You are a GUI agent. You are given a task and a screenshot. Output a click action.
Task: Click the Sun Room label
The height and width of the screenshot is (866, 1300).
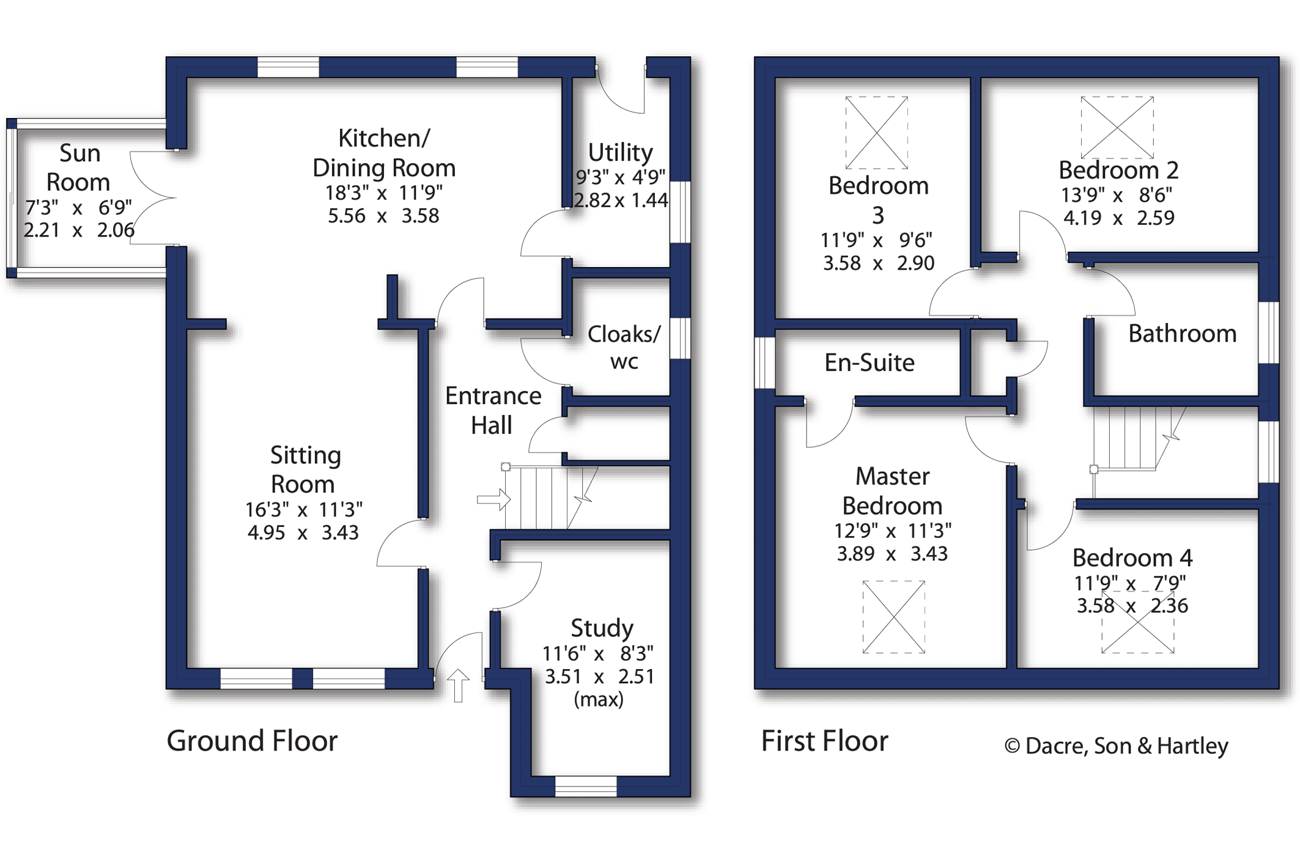(x=79, y=167)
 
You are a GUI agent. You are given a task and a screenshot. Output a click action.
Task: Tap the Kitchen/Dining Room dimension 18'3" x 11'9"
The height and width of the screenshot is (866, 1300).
(x=383, y=193)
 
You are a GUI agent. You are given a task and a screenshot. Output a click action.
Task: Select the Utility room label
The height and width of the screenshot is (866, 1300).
(x=620, y=152)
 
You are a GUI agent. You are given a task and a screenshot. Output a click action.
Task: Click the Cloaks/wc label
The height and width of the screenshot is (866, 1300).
(x=624, y=347)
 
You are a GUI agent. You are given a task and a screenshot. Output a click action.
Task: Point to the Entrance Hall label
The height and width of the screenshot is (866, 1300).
(x=493, y=410)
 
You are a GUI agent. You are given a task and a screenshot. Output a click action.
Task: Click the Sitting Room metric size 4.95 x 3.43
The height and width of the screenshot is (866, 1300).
(x=303, y=532)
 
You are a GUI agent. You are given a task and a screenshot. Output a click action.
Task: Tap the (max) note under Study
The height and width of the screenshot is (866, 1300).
(x=599, y=699)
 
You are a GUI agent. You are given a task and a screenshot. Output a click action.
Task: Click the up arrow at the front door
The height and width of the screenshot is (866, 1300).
(x=458, y=685)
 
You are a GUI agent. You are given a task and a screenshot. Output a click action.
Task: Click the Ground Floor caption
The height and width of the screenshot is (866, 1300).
(x=252, y=741)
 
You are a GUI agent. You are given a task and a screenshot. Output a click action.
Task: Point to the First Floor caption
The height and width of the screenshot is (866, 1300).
(x=824, y=741)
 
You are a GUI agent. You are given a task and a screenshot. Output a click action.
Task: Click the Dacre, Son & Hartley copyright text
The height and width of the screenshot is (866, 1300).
(x=1116, y=746)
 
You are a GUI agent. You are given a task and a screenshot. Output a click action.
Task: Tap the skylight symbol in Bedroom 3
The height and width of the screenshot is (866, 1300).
(x=876, y=132)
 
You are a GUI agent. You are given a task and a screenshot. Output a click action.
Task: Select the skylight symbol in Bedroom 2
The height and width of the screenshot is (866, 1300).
(x=1117, y=127)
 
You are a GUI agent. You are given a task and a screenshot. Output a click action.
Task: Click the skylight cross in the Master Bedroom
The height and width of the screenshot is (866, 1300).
(x=893, y=617)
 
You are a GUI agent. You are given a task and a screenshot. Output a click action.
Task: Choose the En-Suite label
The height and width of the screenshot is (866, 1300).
(x=869, y=362)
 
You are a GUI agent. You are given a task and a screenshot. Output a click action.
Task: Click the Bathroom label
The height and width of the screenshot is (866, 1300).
(x=1182, y=334)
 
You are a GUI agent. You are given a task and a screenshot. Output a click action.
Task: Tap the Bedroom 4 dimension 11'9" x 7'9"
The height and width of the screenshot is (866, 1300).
(x=1130, y=582)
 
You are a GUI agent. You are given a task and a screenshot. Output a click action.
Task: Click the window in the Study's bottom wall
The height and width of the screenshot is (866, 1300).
(x=585, y=786)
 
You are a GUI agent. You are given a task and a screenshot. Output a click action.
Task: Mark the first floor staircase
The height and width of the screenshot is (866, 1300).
(x=1131, y=439)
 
